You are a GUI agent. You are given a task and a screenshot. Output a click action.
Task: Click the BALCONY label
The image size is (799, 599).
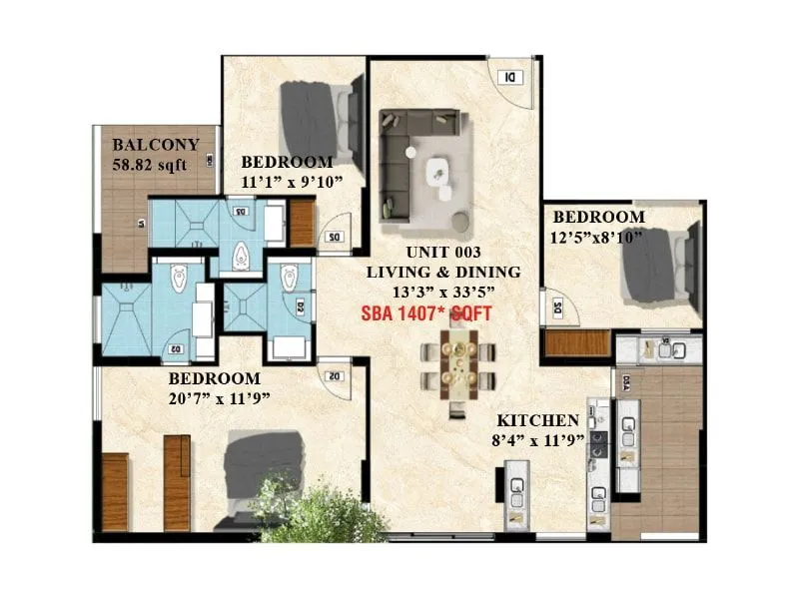tap(155, 144)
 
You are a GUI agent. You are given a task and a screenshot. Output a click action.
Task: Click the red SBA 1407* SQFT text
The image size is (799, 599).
tap(427, 312)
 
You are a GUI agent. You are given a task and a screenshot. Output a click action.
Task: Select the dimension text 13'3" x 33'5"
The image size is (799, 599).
tap(442, 291)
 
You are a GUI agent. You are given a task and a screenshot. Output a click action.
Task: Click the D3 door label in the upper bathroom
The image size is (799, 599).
tap(241, 212)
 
